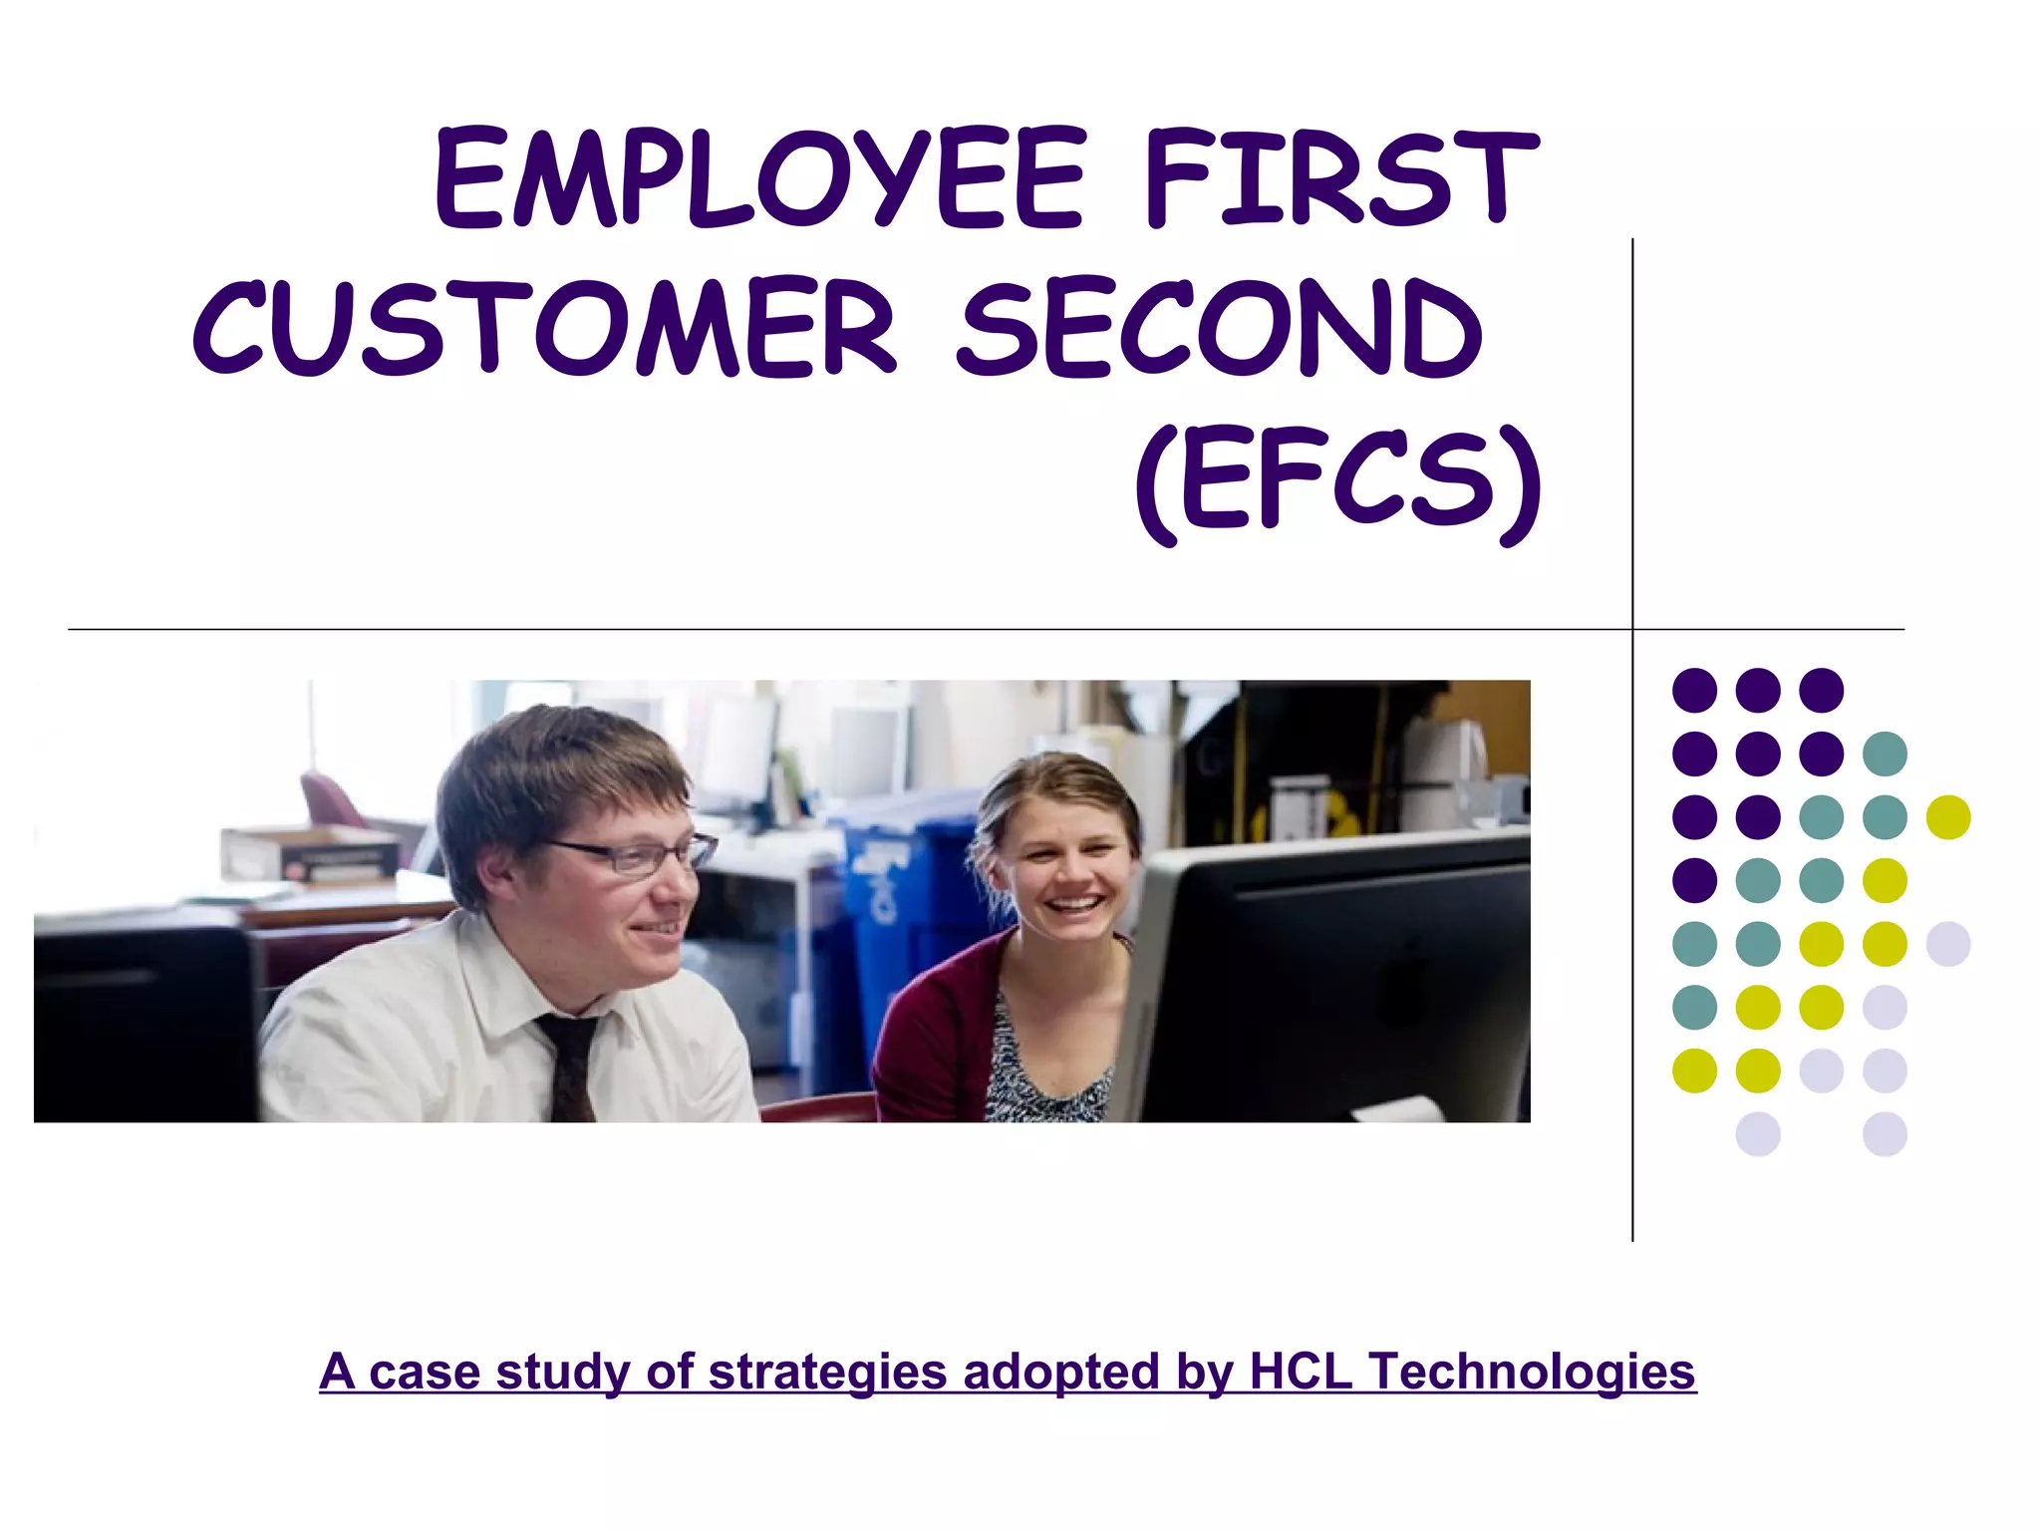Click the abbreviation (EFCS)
pyautogui.click(x=1338, y=480)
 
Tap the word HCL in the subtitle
pyautogui.click(x=1301, y=1372)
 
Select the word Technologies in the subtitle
pyautogui.click(x=1533, y=1372)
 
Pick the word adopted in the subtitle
pyautogui.click(x=1062, y=1372)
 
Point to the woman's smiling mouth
pyautogui.click(x=1074, y=905)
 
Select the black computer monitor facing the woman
pyautogui.click(x=1335, y=977)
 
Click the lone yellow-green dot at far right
pyautogui.click(x=1948, y=817)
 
